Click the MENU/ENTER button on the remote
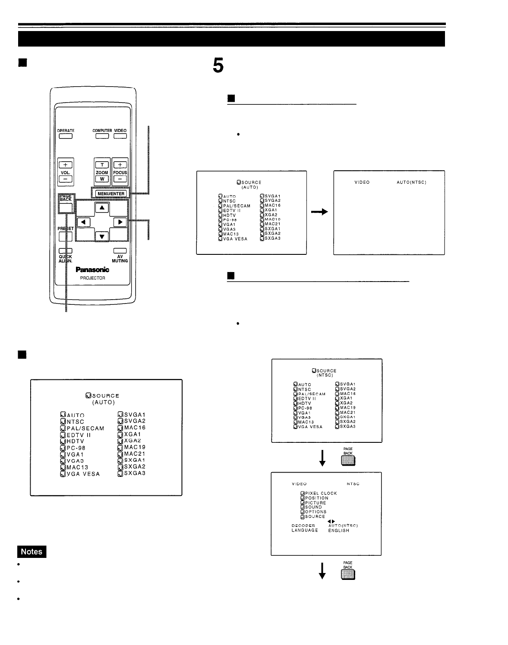click(111, 194)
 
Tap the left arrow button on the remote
click(84, 222)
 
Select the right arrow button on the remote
click(120, 222)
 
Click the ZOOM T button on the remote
click(102, 165)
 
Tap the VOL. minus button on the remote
click(66, 179)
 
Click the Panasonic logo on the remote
click(92, 270)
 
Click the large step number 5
click(218, 66)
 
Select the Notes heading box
click(32, 551)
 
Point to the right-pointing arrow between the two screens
click(320, 212)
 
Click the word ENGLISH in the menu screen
click(338, 530)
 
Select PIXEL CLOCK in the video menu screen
click(321, 493)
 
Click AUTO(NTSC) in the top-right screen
click(411, 182)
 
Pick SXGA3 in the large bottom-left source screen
click(135, 473)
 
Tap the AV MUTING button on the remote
click(120, 251)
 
